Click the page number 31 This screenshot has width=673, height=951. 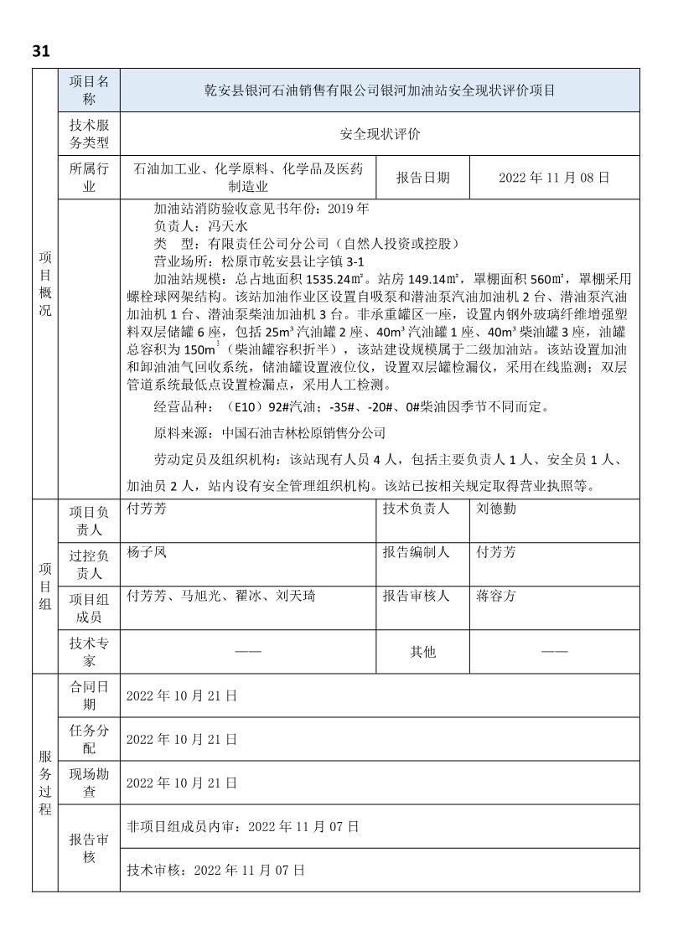pos(41,50)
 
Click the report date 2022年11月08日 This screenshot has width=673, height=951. pos(553,178)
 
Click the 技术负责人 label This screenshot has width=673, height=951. pos(417,509)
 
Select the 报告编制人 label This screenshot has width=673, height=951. pos(417,552)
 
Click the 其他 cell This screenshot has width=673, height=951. pos(422,651)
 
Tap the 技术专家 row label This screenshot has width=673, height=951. pos(90,651)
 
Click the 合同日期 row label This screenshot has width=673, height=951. pos(90,695)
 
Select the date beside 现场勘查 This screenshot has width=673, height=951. pos(182,783)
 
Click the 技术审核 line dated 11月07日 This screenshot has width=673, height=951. pos(215,870)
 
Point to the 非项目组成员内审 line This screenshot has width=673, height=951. pos(242,826)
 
